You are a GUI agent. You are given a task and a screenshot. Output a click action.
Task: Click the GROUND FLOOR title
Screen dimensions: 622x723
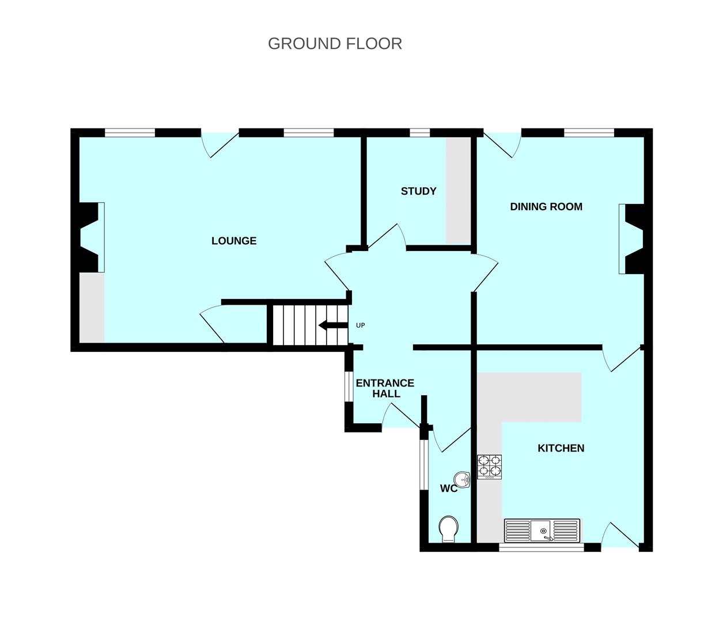[335, 44]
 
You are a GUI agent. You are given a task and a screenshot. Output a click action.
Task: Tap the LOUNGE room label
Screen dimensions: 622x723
[234, 241]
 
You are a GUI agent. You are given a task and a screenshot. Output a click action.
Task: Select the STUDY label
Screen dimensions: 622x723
[419, 191]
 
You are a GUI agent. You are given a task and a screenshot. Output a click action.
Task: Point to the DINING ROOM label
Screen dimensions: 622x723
[546, 206]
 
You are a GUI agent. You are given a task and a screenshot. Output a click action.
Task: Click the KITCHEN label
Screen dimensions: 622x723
[561, 448]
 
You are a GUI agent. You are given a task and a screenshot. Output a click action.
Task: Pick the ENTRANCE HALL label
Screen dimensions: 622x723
[385, 388]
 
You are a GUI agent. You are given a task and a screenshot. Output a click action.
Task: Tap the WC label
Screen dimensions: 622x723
[449, 488]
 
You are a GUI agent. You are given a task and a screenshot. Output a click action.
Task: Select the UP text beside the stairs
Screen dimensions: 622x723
[361, 325]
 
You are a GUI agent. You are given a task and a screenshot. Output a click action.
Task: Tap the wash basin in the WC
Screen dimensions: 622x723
[462, 479]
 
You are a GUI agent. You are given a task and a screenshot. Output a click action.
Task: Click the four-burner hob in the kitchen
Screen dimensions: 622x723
[490, 466]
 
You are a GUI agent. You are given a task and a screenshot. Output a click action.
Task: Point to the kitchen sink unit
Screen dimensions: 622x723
[542, 530]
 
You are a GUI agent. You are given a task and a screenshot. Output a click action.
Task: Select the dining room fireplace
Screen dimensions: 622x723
[632, 238]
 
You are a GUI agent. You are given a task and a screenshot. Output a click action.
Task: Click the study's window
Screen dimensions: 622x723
[420, 134]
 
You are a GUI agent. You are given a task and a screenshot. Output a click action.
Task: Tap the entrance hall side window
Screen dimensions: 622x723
[348, 385]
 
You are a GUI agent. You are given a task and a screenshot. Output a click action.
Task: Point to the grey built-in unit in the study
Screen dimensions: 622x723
[458, 190]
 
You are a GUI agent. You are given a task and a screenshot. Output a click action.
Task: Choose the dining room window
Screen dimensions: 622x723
[589, 134]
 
